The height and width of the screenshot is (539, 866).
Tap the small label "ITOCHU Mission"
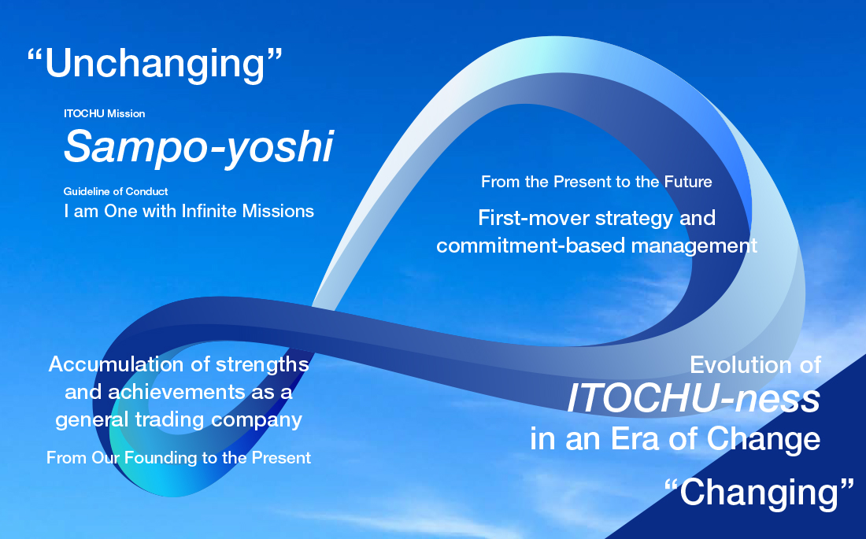tap(105, 114)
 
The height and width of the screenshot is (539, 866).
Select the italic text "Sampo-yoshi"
tap(199, 147)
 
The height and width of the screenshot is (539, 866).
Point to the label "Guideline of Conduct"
tap(116, 192)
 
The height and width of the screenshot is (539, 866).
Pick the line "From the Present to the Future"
tap(597, 182)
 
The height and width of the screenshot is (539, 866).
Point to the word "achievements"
tap(176, 392)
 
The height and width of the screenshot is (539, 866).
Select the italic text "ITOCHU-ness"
tap(694, 398)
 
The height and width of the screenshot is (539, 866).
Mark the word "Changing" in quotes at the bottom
tap(760, 493)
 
